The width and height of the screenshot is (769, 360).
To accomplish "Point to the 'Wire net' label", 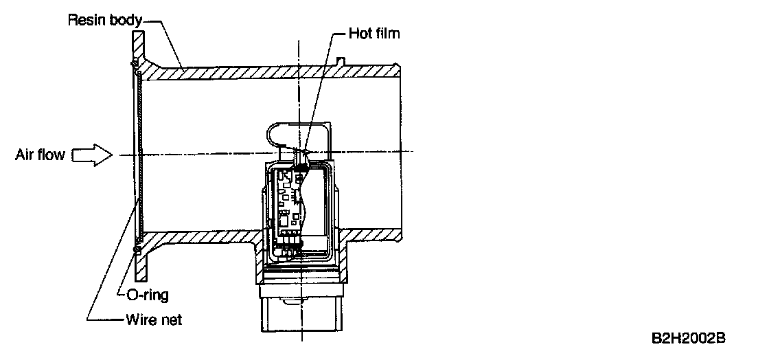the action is [152, 319].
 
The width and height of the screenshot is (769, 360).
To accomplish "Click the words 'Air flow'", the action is [41, 155].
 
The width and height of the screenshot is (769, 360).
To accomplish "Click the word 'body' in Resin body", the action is [124, 21].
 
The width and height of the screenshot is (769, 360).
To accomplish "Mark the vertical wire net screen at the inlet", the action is [139, 155].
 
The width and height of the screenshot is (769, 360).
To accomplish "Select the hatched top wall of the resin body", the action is [275, 71].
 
